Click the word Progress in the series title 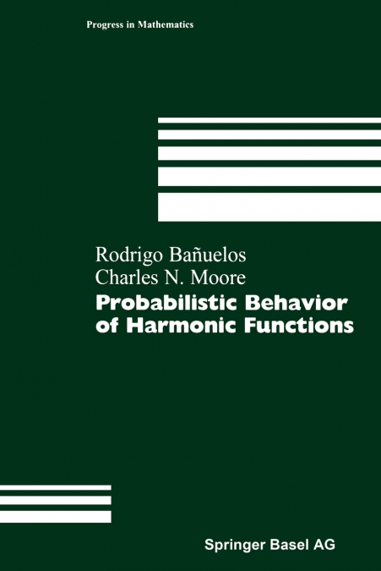(x=105, y=25)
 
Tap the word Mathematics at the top (x=164, y=25)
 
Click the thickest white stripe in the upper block (x=269, y=206)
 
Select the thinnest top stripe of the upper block (x=269, y=120)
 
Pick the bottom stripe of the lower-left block (x=56, y=516)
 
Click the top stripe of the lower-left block (x=56, y=487)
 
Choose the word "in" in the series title (x=133, y=25)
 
